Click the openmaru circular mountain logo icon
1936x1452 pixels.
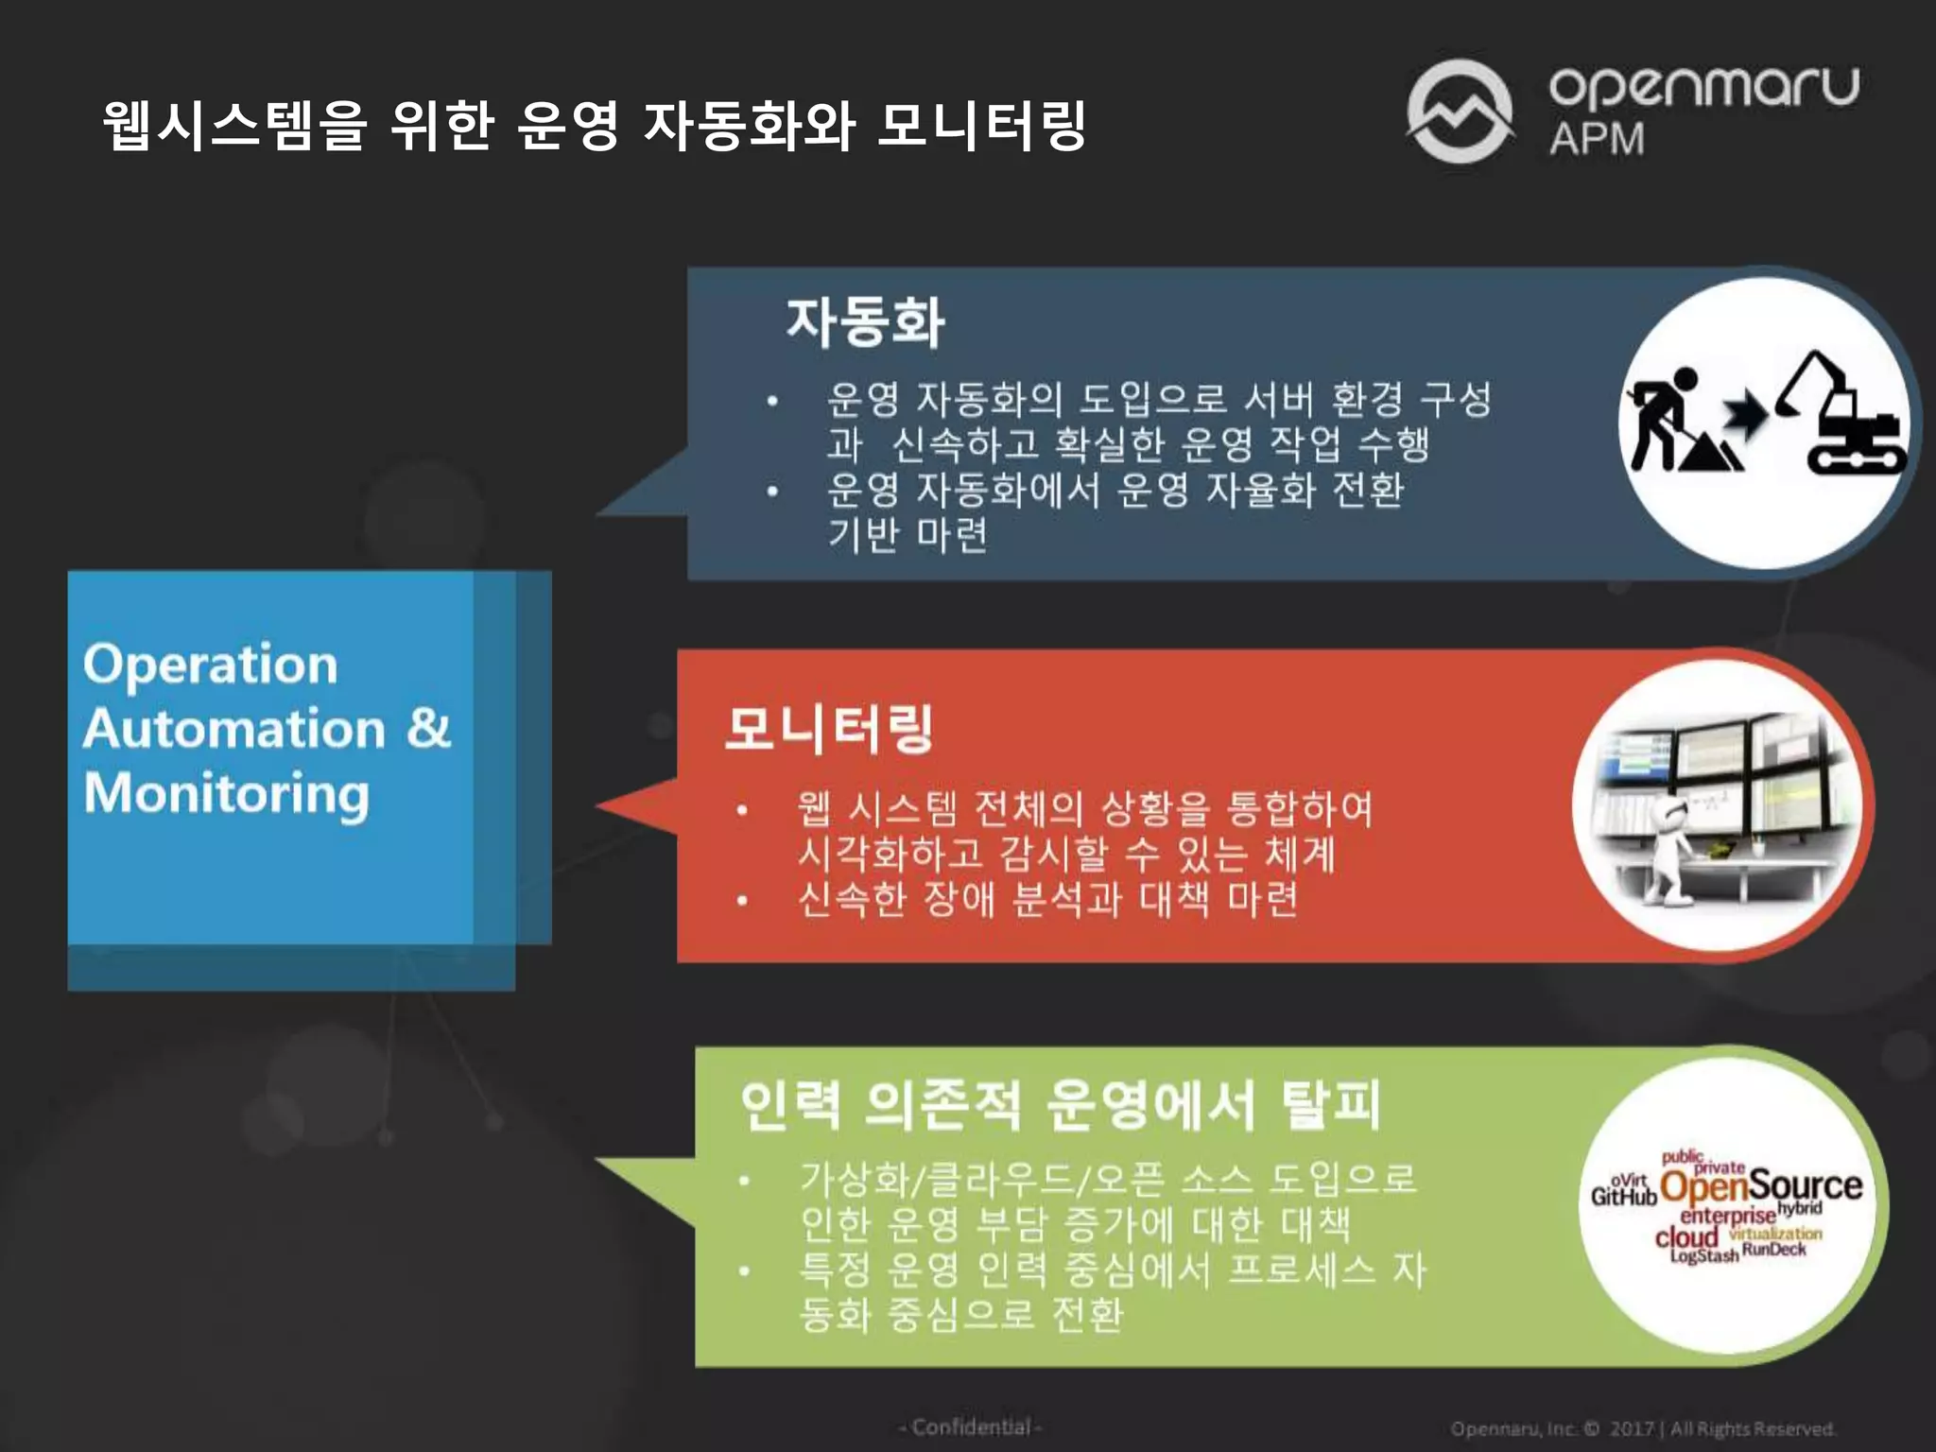click(1460, 111)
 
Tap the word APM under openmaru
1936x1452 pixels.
click(1597, 139)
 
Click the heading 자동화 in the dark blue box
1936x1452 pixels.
click(865, 321)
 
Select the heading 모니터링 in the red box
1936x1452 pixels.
click(829, 728)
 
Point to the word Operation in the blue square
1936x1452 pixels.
click(210, 665)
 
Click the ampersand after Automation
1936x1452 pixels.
click(429, 728)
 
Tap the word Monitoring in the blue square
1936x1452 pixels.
click(227, 794)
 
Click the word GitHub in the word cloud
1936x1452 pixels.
click(1624, 1197)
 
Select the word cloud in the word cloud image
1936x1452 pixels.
click(1685, 1236)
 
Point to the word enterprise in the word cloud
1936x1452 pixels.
click(1728, 1216)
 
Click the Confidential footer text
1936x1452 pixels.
click(971, 1427)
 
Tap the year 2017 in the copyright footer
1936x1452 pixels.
click(1632, 1428)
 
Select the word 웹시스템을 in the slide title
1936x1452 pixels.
click(234, 125)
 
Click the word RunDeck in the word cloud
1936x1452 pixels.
click(1773, 1250)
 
